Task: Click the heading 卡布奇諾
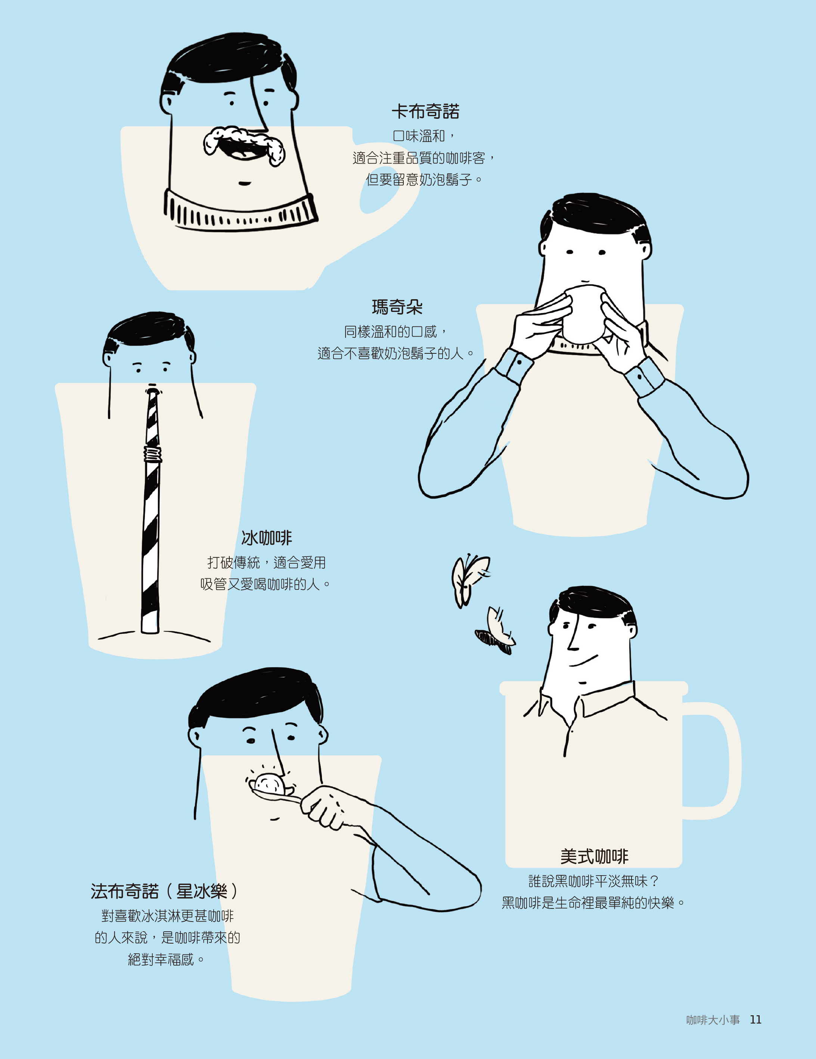point(425,112)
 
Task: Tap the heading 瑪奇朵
point(397,307)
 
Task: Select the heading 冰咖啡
point(267,538)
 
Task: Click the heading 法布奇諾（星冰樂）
point(165,891)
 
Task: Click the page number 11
point(756,1020)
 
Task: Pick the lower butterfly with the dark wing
point(496,631)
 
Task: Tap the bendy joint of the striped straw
point(152,455)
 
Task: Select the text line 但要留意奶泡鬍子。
point(424,180)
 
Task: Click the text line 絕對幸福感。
point(166,960)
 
